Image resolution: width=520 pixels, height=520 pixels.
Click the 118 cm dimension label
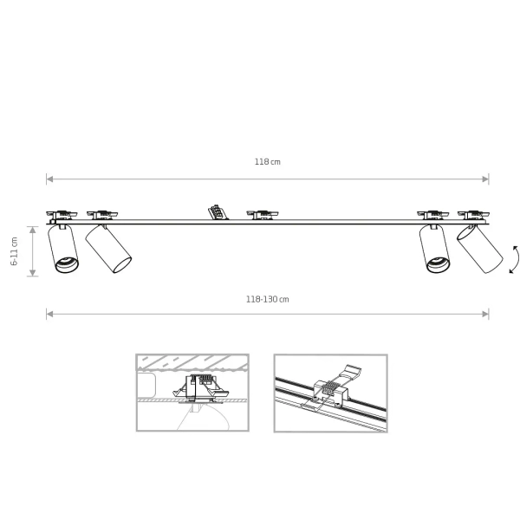(x=267, y=162)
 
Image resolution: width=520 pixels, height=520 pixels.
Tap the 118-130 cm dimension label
(x=267, y=299)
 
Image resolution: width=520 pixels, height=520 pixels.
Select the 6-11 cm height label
(x=14, y=251)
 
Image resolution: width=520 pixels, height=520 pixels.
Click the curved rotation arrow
(x=514, y=259)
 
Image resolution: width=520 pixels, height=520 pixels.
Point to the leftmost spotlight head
(x=63, y=249)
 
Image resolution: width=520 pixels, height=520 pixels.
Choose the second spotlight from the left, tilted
(x=108, y=249)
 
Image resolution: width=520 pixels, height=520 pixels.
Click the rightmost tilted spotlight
(x=479, y=249)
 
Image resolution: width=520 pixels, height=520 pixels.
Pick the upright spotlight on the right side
(x=434, y=249)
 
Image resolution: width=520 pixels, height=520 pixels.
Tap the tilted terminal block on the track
(x=218, y=212)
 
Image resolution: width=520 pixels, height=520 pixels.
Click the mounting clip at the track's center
(x=263, y=215)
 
